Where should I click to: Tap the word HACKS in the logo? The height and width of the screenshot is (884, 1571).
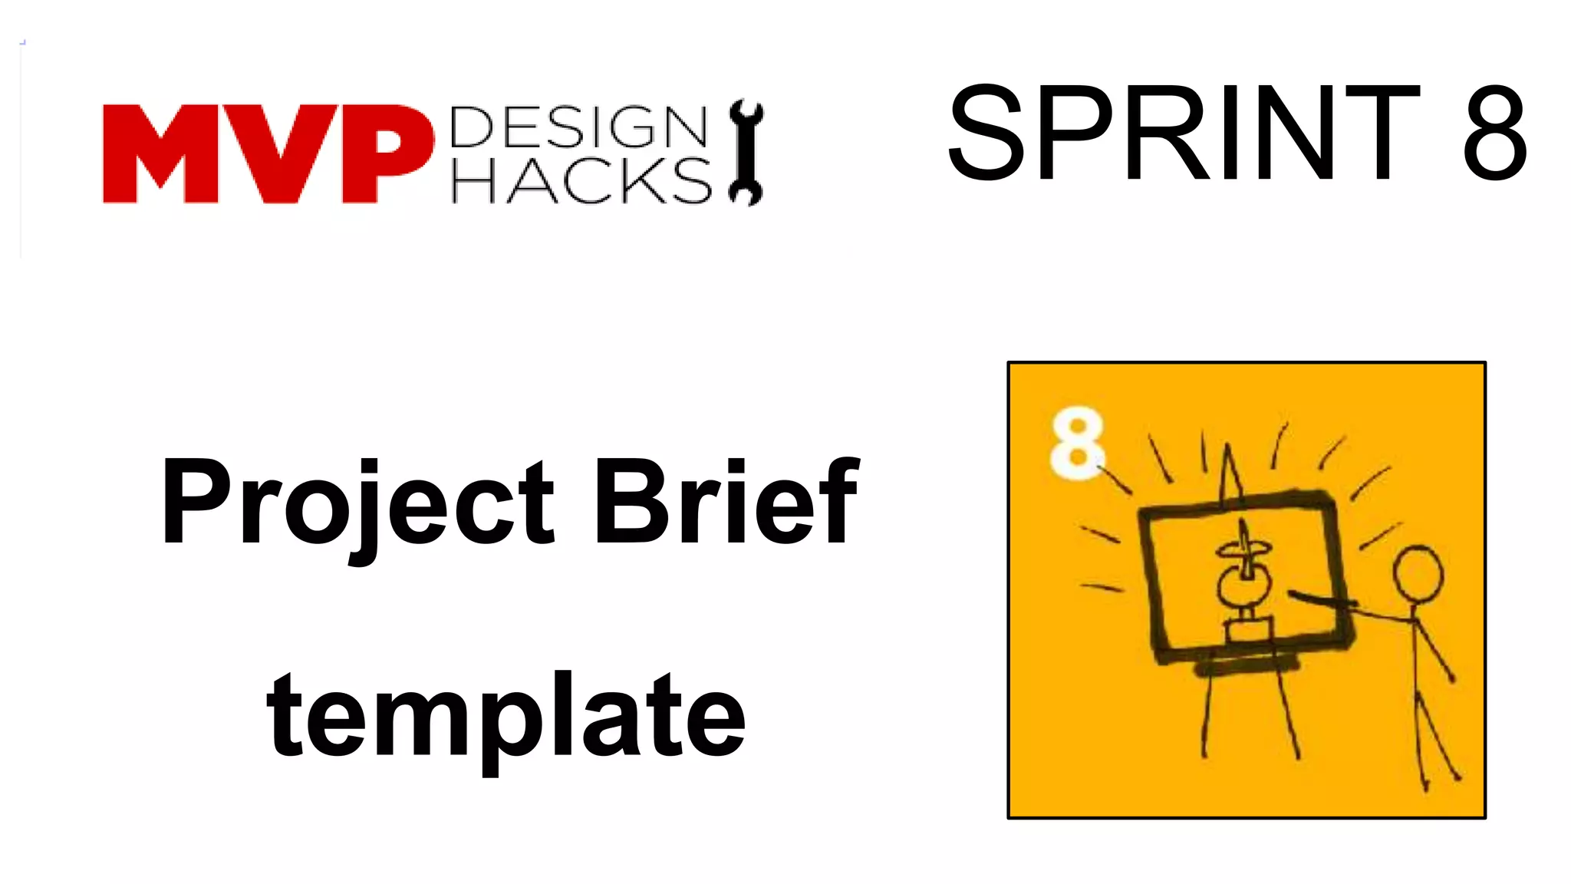pos(581,181)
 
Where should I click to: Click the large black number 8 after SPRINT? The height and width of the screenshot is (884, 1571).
pos(1494,134)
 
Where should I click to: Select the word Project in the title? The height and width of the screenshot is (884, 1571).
pos(357,503)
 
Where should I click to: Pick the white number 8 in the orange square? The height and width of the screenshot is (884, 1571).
pos(1076,443)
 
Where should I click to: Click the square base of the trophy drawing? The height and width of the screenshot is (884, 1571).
pos(1249,631)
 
